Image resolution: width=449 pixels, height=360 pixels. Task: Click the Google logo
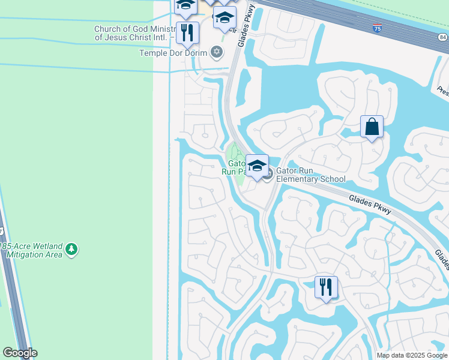(x=20, y=353)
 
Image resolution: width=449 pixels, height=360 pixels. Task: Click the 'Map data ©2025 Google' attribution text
(x=412, y=355)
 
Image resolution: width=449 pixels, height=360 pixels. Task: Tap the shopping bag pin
(x=372, y=127)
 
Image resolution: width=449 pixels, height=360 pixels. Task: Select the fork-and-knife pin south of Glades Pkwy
(x=326, y=288)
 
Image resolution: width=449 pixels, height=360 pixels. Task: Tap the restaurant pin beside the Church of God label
(x=187, y=34)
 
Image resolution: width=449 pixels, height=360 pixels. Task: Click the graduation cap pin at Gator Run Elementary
(x=257, y=166)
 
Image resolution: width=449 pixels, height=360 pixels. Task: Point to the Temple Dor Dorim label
(x=173, y=53)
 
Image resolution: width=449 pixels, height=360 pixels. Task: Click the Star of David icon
(x=217, y=52)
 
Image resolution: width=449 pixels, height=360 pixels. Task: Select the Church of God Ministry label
(x=134, y=33)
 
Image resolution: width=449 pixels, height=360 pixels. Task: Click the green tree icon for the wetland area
(x=71, y=249)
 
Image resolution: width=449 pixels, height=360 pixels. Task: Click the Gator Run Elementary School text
(x=310, y=175)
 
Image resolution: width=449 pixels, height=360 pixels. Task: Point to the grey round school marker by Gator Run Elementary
(x=268, y=175)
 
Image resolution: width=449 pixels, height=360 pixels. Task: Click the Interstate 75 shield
(x=376, y=28)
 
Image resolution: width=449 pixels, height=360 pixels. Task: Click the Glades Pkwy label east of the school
(x=370, y=203)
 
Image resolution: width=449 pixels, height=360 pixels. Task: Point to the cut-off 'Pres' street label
(x=442, y=91)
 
